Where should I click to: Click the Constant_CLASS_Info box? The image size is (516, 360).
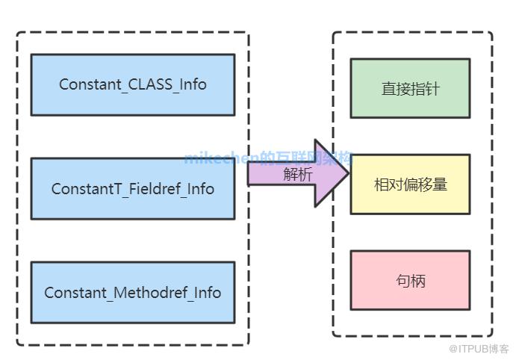pos(132,84)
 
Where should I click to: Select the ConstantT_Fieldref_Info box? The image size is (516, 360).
pos(132,188)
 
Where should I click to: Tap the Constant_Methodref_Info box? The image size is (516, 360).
pos(132,292)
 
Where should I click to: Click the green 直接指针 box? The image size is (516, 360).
pos(410,88)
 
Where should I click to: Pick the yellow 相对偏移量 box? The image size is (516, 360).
pos(410,184)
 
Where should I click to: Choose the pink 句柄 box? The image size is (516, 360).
pos(410,280)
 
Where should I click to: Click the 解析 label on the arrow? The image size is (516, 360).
pos(297,175)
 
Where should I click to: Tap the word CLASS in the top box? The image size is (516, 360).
pos(149,84)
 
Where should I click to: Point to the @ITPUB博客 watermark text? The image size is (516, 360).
pos(479,349)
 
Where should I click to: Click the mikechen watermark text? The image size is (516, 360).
pos(220,158)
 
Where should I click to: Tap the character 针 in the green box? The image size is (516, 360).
pos(432,89)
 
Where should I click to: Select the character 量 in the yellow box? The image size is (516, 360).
pos(440,184)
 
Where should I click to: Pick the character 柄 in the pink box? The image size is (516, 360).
pos(418,281)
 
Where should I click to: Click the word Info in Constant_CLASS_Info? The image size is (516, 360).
pos(192,84)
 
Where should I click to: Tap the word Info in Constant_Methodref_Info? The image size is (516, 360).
pos(207,293)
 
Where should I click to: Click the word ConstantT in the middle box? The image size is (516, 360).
pos(80,189)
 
